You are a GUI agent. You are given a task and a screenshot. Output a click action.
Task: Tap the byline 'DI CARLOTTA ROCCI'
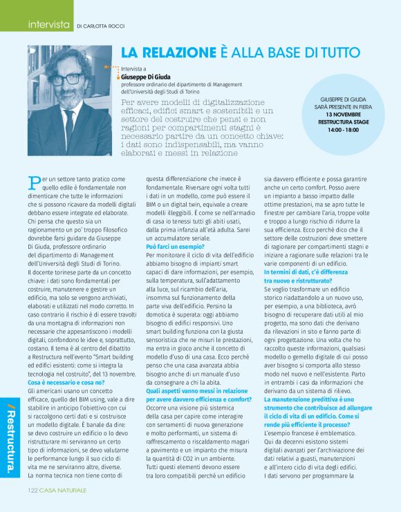pos(105,26)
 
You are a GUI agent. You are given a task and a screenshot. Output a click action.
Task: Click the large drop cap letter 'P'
pos(34,183)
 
